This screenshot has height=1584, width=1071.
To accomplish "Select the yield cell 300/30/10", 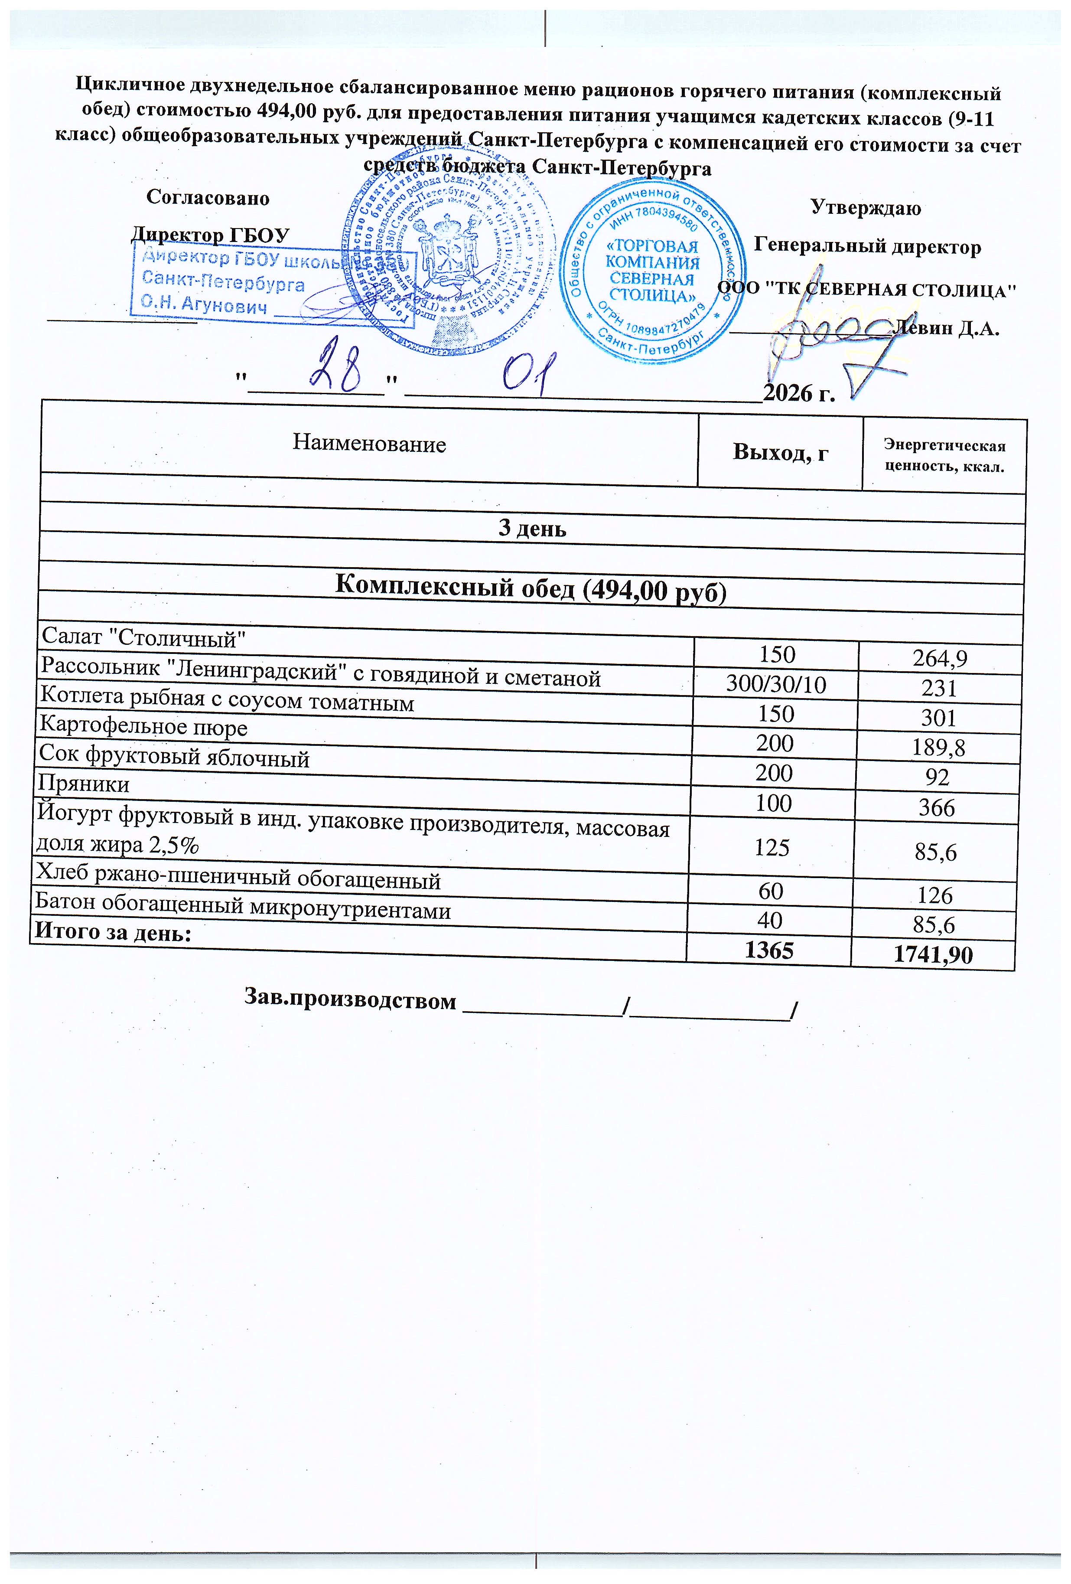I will tap(775, 684).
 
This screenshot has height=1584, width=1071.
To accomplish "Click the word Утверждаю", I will tap(865, 208).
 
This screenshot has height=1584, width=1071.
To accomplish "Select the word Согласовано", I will tap(208, 198).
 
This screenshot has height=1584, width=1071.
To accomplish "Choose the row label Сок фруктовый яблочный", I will tap(174, 757).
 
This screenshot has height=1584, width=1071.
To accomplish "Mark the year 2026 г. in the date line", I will tap(798, 392).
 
